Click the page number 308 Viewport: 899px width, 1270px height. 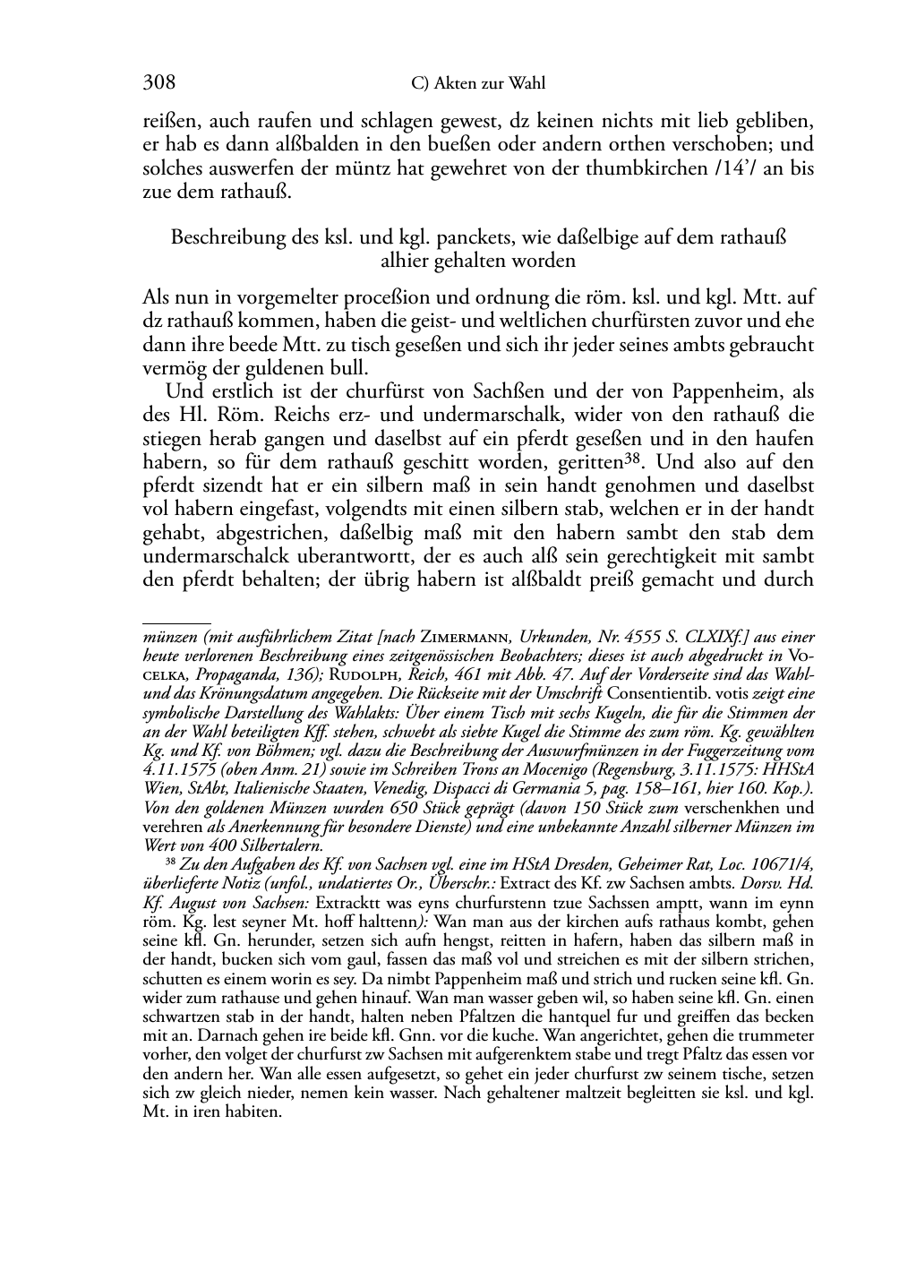[x=158, y=83]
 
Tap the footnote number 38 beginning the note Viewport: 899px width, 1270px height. [x=171, y=862]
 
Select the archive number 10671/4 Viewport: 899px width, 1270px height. [x=777, y=863]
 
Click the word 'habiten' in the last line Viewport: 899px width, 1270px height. [x=252, y=1113]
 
